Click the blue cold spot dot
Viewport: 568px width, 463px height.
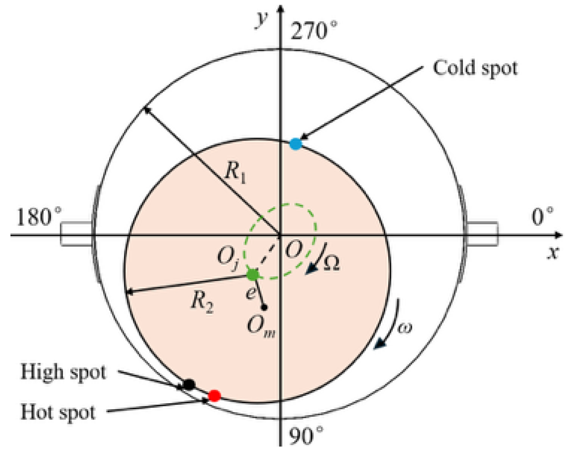point(296,144)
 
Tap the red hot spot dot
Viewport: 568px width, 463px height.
point(214,395)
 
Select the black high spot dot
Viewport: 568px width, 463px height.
point(189,384)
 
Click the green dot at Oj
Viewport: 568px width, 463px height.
point(253,275)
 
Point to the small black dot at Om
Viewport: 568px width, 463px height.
point(264,308)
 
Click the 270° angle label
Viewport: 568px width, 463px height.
point(313,31)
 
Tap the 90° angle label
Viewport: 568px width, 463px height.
point(306,435)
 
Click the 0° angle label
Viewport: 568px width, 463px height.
point(542,216)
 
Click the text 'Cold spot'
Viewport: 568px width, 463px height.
point(475,68)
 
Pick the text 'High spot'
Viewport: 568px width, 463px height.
point(63,372)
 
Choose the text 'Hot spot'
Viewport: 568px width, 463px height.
point(58,412)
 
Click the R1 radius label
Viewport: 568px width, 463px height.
point(235,173)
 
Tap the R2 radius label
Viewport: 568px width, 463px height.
point(202,301)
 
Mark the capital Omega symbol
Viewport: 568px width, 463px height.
point(331,263)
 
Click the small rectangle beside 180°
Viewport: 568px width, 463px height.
point(76,234)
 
